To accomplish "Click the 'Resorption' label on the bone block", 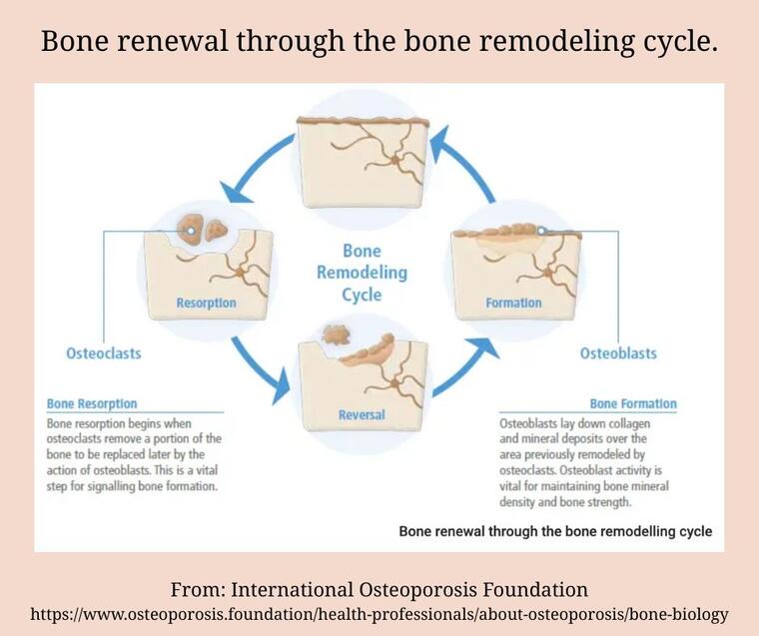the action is [x=206, y=303].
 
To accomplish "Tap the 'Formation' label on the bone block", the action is [x=513, y=303].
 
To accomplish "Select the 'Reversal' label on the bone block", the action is [x=362, y=414].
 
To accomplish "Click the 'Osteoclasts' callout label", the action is [x=104, y=353].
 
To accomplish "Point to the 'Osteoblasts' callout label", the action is [x=618, y=353].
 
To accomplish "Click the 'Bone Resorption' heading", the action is [x=92, y=403].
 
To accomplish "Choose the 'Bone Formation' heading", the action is [x=633, y=403].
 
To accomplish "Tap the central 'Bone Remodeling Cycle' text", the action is [x=363, y=273].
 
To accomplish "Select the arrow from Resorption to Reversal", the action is [x=260, y=367].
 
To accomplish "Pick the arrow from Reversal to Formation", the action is [x=463, y=367].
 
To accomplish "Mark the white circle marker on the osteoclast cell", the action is [x=191, y=231].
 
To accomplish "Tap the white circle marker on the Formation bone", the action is [x=541, y=231].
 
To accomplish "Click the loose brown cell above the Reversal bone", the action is [x=336, y=334].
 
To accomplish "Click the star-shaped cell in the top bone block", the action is [x=395, y=160].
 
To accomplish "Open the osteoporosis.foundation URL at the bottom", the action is [x=379, y=614].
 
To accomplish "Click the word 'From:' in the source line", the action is [x=198, y=590].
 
